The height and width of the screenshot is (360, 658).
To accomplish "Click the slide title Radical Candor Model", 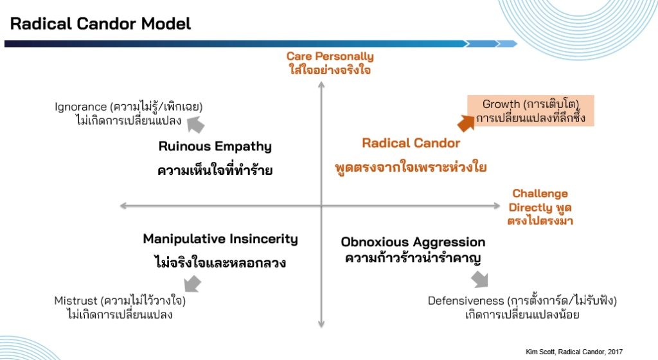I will (x=100, y=24).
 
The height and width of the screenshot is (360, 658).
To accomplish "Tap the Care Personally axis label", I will (x=330, y=57).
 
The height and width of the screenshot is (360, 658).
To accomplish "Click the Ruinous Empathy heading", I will (x=215, y=147).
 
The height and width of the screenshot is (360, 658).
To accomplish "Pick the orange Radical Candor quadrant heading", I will (x=411, y=143).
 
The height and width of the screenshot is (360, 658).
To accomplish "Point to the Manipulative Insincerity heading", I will (x=220, y=239).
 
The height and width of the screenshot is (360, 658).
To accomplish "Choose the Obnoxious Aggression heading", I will (x=413, y=242).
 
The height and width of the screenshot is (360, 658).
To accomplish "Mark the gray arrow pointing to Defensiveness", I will (x=479, y=278).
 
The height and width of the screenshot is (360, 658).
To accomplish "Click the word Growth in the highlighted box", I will (x=500, y=105).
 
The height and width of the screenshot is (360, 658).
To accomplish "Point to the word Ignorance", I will (x=80, y=107).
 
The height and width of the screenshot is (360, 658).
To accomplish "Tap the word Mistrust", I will (x=75, y=301).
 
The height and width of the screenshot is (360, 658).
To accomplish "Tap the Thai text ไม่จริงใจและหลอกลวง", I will (x=220, y=263).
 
